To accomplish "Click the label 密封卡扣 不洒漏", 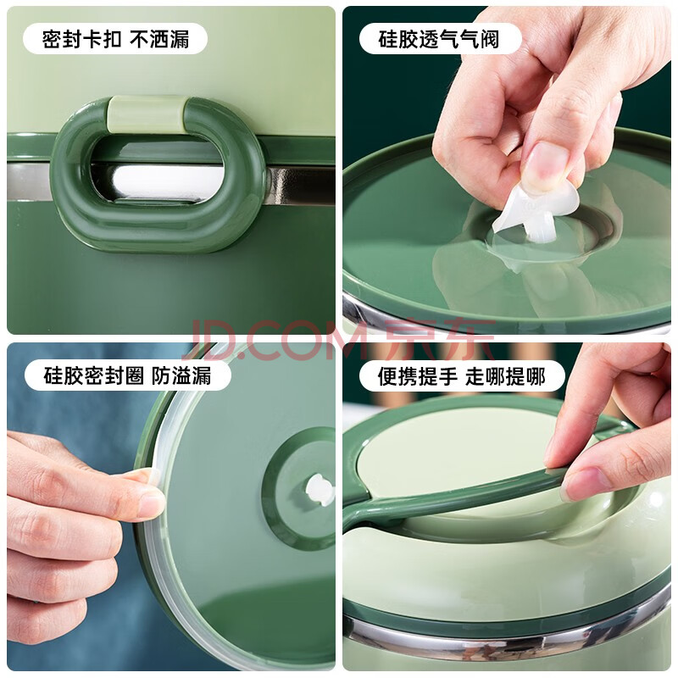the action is coord(115,39).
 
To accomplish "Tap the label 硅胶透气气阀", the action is coord(438,39).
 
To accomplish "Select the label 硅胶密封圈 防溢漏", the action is coord(128,375).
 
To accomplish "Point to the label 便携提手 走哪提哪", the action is coord(461,375).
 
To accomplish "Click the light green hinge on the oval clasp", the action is coord(147,114).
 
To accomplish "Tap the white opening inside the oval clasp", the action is coord(166,182).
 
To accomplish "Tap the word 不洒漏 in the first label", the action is coord(159,39).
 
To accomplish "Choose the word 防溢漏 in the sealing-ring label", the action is coord(181,375).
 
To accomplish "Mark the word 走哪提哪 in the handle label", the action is coord(505,375).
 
